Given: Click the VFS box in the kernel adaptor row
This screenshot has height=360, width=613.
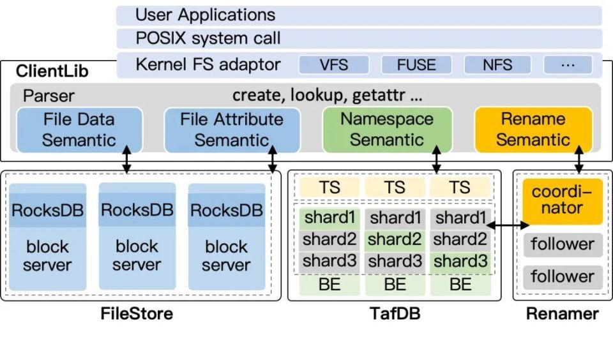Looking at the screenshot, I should (x=334, y=65).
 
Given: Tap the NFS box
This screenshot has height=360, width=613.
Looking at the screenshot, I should (x=497, y=65).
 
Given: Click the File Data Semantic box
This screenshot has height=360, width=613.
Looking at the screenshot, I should (x=80, y=130).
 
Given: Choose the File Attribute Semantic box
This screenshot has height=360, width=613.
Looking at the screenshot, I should (x=231, y=130).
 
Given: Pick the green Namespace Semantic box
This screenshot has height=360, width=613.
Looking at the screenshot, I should (x=387, y=130).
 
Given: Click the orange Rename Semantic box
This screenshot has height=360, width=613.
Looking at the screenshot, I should (x=533, y=130).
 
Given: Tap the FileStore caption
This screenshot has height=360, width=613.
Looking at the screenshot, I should (x=137, y=313).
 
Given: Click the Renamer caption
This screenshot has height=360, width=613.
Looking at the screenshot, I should (x=563, y=313).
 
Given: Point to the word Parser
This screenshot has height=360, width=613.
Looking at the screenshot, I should (x=49, y=96).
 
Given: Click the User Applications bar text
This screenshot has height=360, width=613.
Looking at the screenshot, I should (x=206, y=15).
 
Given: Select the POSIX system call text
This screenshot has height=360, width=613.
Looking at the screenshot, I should (x=208, y=38).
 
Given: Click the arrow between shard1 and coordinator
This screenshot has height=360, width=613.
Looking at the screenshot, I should (x=508, y=225).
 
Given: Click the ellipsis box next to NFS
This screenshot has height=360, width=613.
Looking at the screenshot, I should (x=568, y=65).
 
